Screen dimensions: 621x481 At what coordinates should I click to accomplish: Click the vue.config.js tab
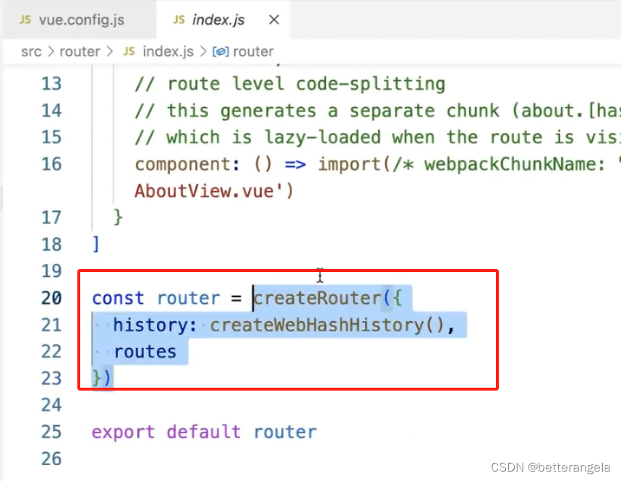click(x=72, y=20)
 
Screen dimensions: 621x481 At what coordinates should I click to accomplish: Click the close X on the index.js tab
click(x=274, y=20)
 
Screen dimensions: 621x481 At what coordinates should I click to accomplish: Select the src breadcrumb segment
click(x=30, y=51)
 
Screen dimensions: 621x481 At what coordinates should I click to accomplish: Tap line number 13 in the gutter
click(x=51, y=84)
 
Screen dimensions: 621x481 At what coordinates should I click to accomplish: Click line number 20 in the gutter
click(x=51, y=298)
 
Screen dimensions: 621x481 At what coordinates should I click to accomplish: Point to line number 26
click(x=51, y=459)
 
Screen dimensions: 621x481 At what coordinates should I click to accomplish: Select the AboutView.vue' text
click(x=214, y=191)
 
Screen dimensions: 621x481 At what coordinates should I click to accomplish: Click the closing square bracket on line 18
click(x=95, y=244)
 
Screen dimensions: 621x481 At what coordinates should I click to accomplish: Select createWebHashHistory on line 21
click(x=317, y=325)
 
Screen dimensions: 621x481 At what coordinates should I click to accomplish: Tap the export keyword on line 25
click(x=123, y=432)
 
